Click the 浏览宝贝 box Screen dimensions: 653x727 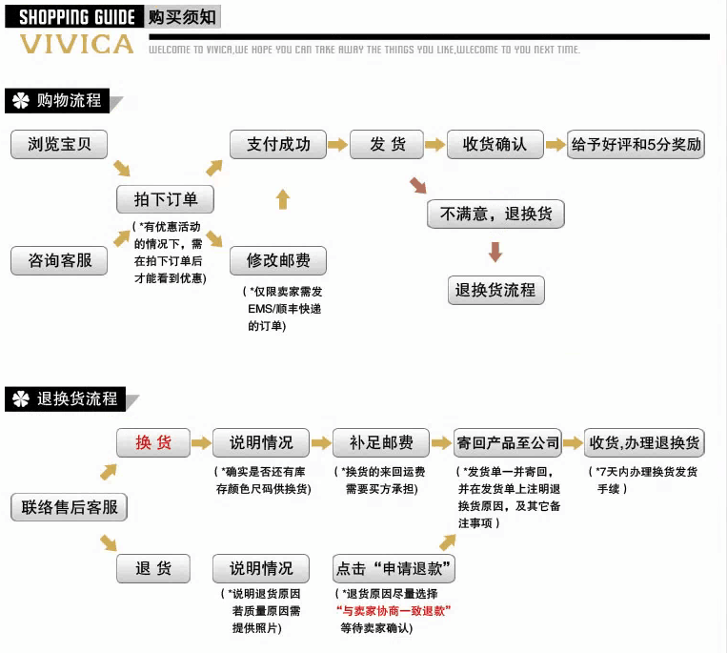coord(59,145)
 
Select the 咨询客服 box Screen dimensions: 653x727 coord(59,260)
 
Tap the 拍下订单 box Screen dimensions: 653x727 coord(165,199)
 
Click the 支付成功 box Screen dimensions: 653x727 coord(278,145)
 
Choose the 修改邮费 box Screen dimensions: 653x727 coord(278,260)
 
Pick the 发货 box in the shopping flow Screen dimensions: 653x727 coord(387,145)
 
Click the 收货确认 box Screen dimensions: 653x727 coord(495,145)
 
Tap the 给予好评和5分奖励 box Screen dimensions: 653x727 coord(636,145)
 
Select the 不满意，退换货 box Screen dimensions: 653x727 coord(495,214)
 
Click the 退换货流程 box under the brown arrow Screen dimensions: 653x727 coord(495,290)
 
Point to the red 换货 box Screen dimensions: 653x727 coord(153,443)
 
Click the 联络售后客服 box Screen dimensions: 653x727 coord(70,507)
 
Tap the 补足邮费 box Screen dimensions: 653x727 coord(379,443)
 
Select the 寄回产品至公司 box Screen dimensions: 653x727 coord(508,443)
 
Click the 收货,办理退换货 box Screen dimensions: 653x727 coord(644,443)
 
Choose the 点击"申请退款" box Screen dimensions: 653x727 coord(394,569)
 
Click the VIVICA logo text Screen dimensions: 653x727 coord(76,45)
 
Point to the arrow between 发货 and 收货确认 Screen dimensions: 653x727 coord(434,145)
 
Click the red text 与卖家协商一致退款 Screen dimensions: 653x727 coord(393,611)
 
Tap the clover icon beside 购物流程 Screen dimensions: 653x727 coord(21,101)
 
